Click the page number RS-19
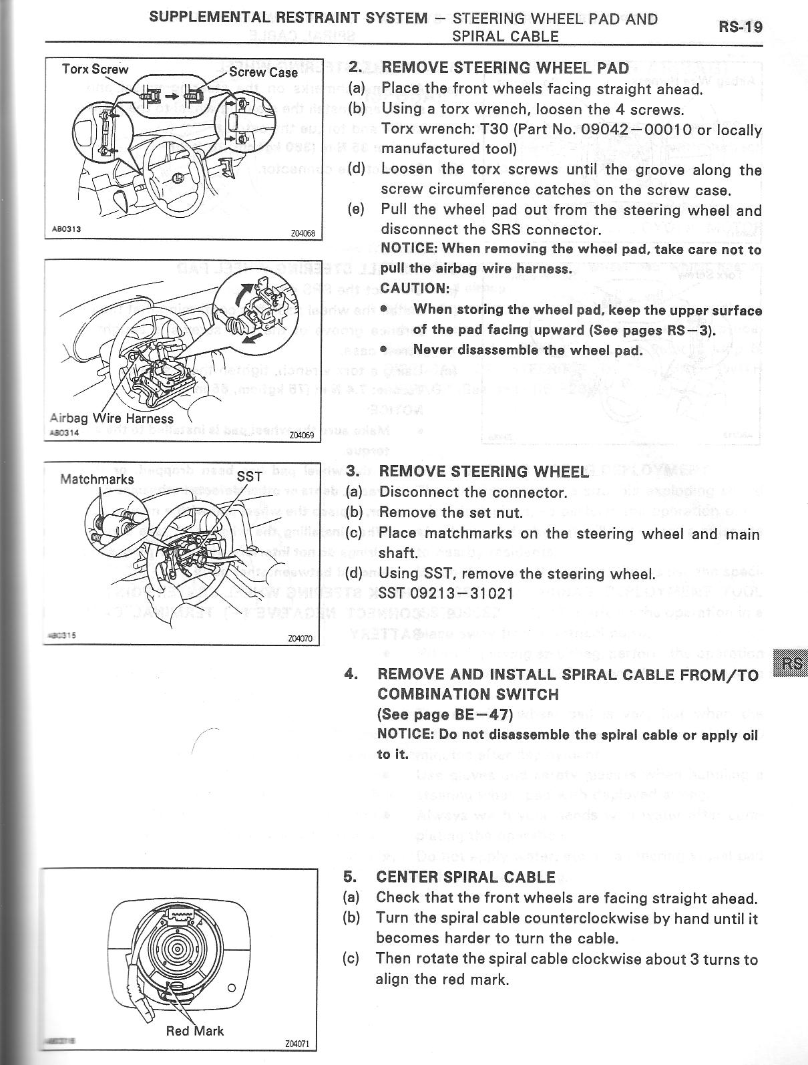click(740, 27)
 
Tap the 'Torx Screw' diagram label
click(95, 69)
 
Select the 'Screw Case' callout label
click(263, 72)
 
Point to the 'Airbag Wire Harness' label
click(112, 419)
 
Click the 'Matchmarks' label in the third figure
click(97, 479)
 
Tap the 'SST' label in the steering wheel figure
click(250, 478)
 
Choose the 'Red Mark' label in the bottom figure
click(194, 1031)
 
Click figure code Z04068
click(302, 234)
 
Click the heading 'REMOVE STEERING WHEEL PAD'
click(505, 68)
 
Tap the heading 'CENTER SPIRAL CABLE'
click(465, 877)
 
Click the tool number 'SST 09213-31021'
click(446, 593)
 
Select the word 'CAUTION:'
click(415, 289)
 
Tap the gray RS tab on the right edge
click(791, 664)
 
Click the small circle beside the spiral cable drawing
click(231, 987)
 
